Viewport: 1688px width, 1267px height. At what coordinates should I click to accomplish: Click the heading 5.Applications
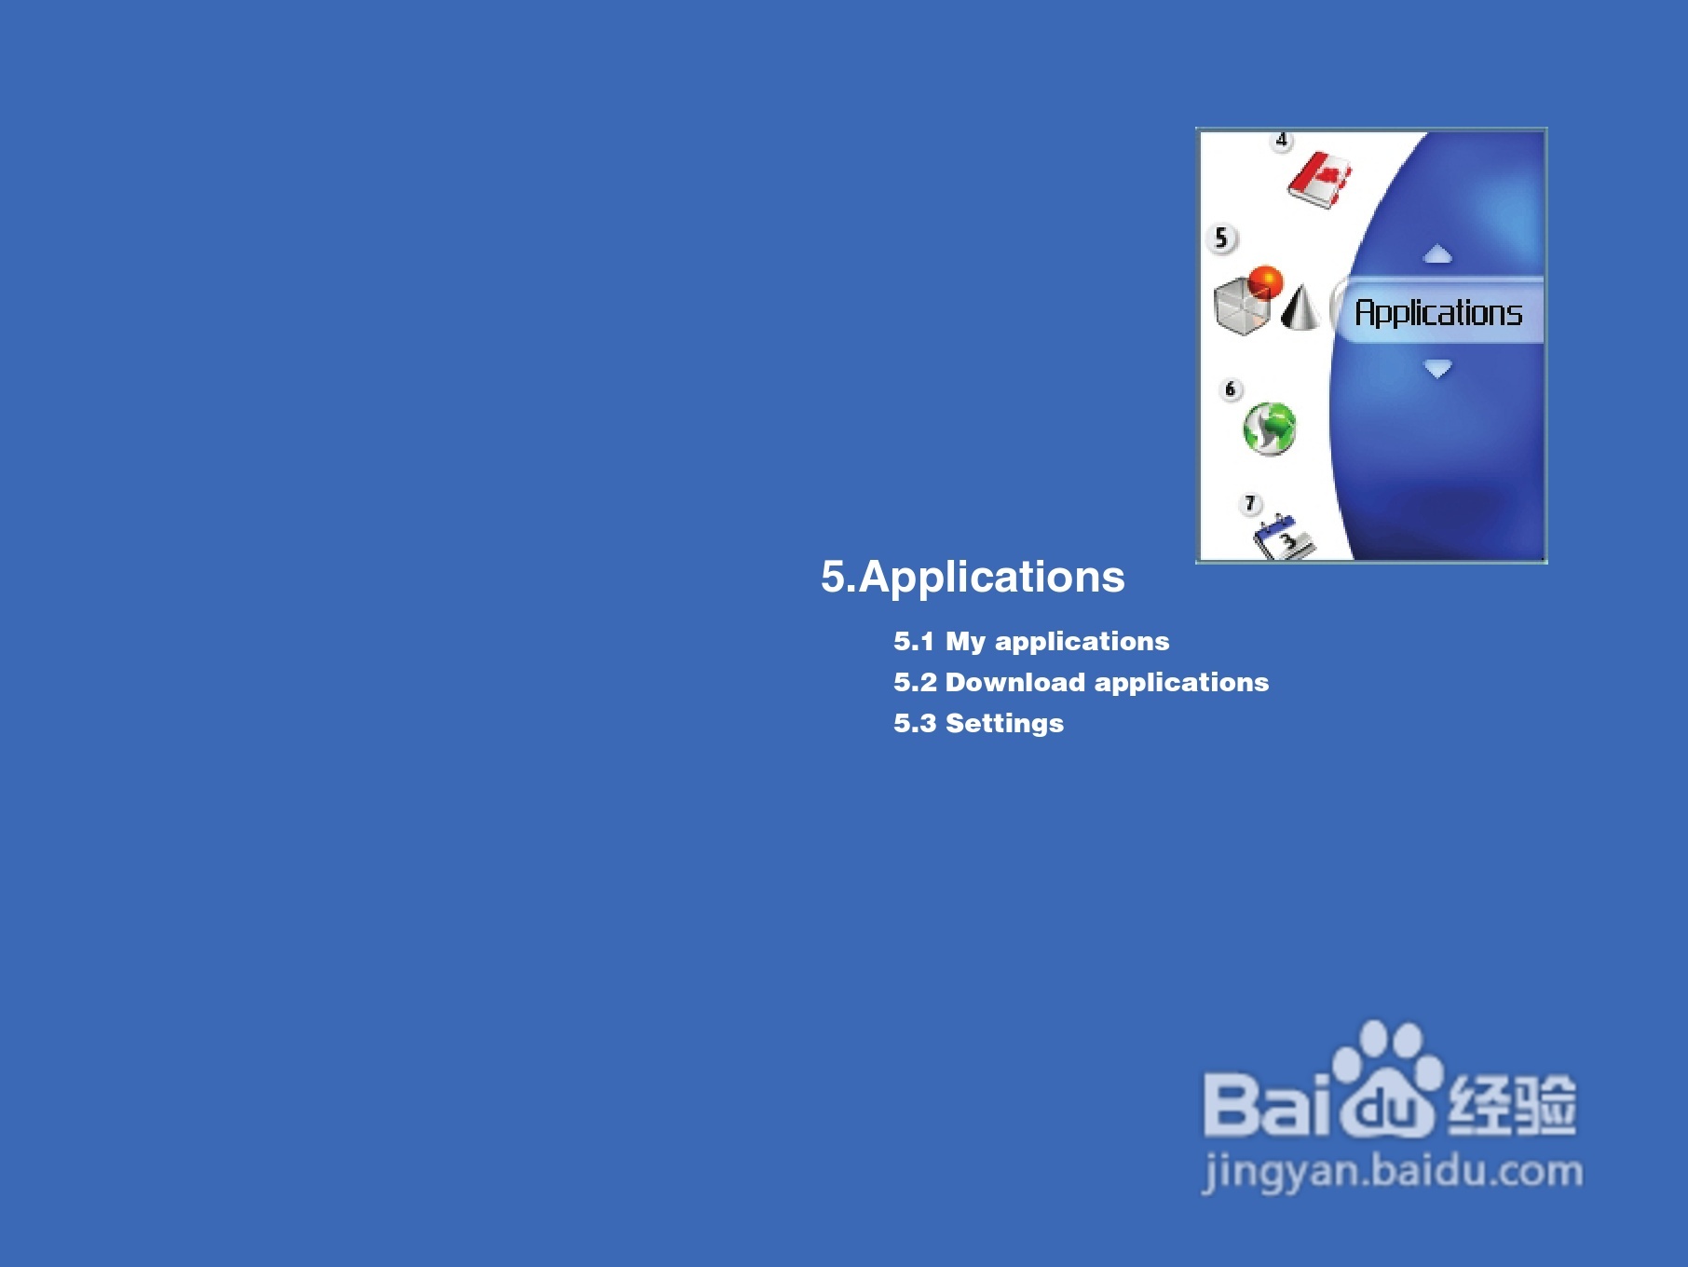pos(973,577)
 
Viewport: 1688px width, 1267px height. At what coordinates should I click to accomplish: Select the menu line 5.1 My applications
pos(1031,641)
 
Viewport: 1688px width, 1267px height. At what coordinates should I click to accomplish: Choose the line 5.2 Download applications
pos(1081,682)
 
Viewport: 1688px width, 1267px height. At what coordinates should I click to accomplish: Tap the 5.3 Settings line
pos(978,723)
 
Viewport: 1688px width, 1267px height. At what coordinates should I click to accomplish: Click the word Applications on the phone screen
pos(1438,313)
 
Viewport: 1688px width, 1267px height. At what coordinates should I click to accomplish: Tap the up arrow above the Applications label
pos(1437,253)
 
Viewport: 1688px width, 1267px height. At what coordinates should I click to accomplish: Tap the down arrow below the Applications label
pos(1437,369)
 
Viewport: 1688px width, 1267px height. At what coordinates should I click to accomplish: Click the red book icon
pos(1320,181)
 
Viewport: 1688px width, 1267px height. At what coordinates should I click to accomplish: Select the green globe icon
pos(1269,429)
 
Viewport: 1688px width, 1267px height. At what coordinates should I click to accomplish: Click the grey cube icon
pos(1242,307)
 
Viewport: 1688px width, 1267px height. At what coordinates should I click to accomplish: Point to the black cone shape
pos(1300,307)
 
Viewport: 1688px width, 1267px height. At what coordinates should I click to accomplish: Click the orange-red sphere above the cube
pos(1266,280)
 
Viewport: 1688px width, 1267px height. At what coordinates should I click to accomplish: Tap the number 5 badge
pos(1221,238)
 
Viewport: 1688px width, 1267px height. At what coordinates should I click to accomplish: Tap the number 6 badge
pos(1231,389)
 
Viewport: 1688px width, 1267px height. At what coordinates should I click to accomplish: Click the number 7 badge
pos(1250,504)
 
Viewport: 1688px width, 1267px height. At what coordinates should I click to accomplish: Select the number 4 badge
pos(1282,141)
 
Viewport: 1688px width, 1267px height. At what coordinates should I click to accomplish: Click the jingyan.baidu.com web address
pos(1393,1171)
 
